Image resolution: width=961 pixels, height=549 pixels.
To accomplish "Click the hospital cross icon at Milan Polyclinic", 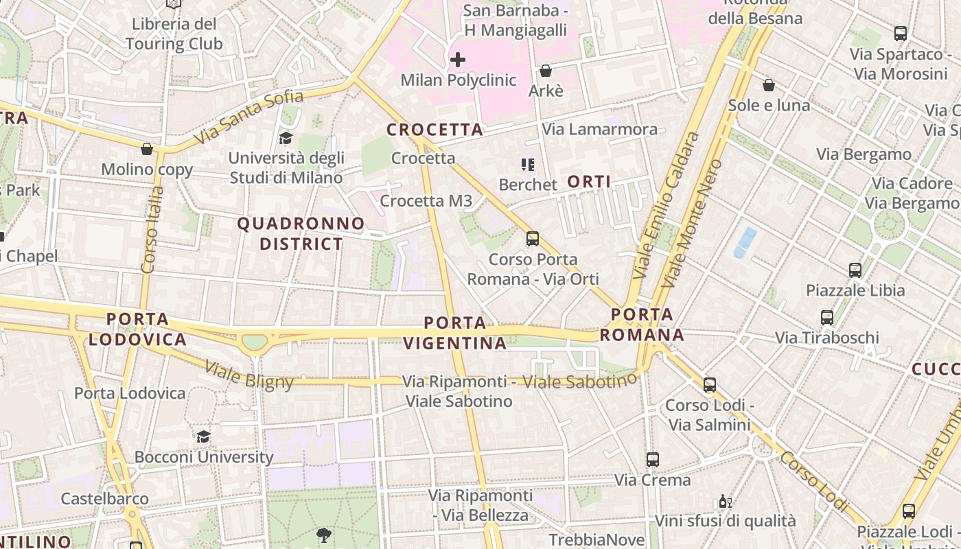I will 458,60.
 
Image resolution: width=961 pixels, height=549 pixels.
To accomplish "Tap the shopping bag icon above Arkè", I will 546,71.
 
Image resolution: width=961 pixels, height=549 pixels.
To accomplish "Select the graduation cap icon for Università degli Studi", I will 286,139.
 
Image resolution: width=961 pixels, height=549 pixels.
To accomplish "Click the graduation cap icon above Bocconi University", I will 203,437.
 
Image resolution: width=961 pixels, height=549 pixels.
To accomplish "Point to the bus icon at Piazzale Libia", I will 855,270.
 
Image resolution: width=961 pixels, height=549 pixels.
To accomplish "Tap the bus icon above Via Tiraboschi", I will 827,318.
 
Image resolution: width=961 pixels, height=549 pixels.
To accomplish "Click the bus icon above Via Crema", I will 653,460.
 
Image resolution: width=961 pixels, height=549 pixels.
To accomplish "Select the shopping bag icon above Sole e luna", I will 769,85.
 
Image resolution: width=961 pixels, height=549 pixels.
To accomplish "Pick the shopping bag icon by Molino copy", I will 147,149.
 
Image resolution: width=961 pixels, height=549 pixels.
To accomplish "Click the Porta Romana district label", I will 642,325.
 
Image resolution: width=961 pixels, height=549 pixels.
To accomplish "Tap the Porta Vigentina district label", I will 454,333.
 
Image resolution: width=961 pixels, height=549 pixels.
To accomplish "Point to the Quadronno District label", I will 301,233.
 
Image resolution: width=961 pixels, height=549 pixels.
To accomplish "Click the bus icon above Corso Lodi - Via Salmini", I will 710,385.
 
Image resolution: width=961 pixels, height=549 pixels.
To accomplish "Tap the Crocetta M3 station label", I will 426,201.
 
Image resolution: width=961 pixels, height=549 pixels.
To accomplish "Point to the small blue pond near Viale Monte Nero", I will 745,242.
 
